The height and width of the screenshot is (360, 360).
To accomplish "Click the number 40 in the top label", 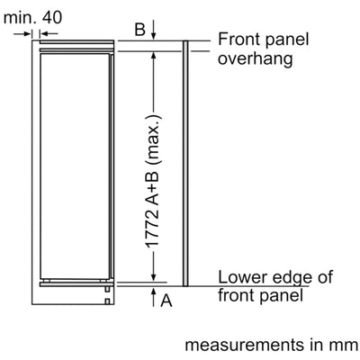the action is tap(52, 18).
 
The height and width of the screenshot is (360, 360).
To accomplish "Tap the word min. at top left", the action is tap(20, 18).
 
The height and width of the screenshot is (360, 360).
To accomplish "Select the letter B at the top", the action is tap(139, 30).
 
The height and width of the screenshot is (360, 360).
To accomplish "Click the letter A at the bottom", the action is tap(166, 301).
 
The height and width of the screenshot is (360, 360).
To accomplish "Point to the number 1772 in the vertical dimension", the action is tap(153, 230).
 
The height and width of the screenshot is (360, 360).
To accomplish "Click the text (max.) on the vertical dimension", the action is tap(155, 140).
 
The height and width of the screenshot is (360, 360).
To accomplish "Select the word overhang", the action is tap(255, 58).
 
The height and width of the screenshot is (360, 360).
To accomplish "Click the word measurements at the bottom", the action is tap(245, 345).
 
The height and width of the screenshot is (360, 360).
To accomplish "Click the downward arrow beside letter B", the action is tap(154, 30).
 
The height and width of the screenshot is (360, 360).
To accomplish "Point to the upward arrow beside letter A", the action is tap(154, 297).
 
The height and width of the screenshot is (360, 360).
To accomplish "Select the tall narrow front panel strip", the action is tap(185, 163).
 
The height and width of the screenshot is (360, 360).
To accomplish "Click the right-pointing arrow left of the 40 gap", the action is tap(22, 33).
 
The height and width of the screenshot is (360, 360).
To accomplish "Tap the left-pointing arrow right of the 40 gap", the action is tap(49, 33).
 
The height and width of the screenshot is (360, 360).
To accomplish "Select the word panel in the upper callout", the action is tap(287, 40).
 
